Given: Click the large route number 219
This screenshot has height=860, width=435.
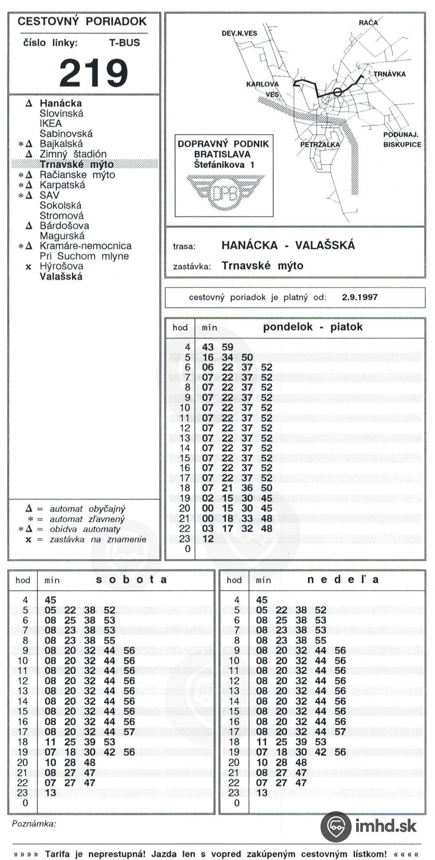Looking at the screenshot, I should coord(94,73).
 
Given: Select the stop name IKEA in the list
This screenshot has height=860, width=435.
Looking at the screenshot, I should coord(51,123).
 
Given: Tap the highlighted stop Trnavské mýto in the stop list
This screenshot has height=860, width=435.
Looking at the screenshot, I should coord(77,164).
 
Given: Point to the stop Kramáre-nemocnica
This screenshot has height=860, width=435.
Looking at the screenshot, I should coord(86,246).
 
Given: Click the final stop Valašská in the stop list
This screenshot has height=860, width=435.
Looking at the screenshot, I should coord(61,276).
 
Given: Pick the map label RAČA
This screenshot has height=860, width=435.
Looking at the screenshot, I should coord(368,23).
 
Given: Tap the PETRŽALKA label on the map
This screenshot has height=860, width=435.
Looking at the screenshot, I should coord(320,145).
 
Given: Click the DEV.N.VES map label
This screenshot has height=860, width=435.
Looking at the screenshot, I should coord(239,33).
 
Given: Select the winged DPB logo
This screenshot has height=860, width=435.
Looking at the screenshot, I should coord(224,192).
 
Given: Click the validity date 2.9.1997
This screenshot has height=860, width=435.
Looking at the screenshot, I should coord(360,297).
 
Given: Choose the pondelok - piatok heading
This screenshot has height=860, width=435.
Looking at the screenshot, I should coord(312,327).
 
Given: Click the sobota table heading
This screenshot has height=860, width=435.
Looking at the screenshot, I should coord(131,580).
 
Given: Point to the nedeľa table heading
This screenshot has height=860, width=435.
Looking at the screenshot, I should coord(343,580).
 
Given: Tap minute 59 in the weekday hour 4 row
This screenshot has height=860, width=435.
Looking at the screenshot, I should coord(228,347).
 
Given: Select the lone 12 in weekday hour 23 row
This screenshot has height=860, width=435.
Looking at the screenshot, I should coord(208,538).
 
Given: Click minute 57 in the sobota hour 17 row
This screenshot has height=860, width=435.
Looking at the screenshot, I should coord(129,731).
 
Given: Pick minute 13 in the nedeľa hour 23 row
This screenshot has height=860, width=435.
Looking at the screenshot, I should coord(262,793).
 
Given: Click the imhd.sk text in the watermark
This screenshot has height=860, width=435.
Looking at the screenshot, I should coord(386,826).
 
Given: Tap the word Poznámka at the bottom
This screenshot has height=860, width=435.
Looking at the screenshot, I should coord(34,824).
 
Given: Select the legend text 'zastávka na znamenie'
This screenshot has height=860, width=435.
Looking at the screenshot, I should coord(98,539).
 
